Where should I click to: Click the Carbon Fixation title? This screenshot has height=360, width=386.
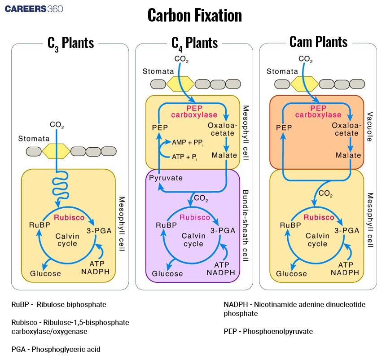tap(194, 16)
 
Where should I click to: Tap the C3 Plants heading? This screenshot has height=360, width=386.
tap(70, 43)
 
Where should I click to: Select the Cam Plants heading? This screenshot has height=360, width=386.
tap(318, 42)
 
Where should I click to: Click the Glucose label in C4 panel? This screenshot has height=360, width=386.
tap(167, 273)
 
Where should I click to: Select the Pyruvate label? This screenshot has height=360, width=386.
tap(166, 178)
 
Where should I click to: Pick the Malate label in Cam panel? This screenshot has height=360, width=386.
tap(348, 155)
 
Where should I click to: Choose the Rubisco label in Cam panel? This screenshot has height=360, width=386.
tap(319, 217)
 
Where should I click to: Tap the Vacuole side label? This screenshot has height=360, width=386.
tap(370, 127)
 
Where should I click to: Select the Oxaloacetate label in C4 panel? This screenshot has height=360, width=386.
tap(221, 129)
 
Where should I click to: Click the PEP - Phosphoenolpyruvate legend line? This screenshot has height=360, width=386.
tap(268, 331)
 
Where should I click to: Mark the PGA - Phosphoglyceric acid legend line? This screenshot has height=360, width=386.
tap(56, 349)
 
